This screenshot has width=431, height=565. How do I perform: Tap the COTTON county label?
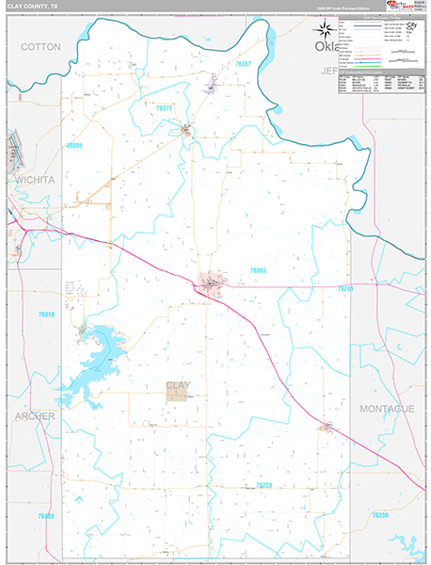point(40,46)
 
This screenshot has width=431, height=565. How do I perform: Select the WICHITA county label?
point(35,179)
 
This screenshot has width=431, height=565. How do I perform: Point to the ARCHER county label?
point(34,415)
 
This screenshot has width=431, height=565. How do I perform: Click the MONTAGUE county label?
point(387,409)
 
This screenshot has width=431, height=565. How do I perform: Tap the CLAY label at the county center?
point(177,385)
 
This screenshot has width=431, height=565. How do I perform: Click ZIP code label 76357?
point(245,63)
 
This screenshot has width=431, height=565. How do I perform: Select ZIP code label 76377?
point(163,108)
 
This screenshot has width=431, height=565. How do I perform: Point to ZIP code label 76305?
point(74,146)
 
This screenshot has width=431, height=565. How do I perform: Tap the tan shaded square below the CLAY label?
point(177,396)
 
